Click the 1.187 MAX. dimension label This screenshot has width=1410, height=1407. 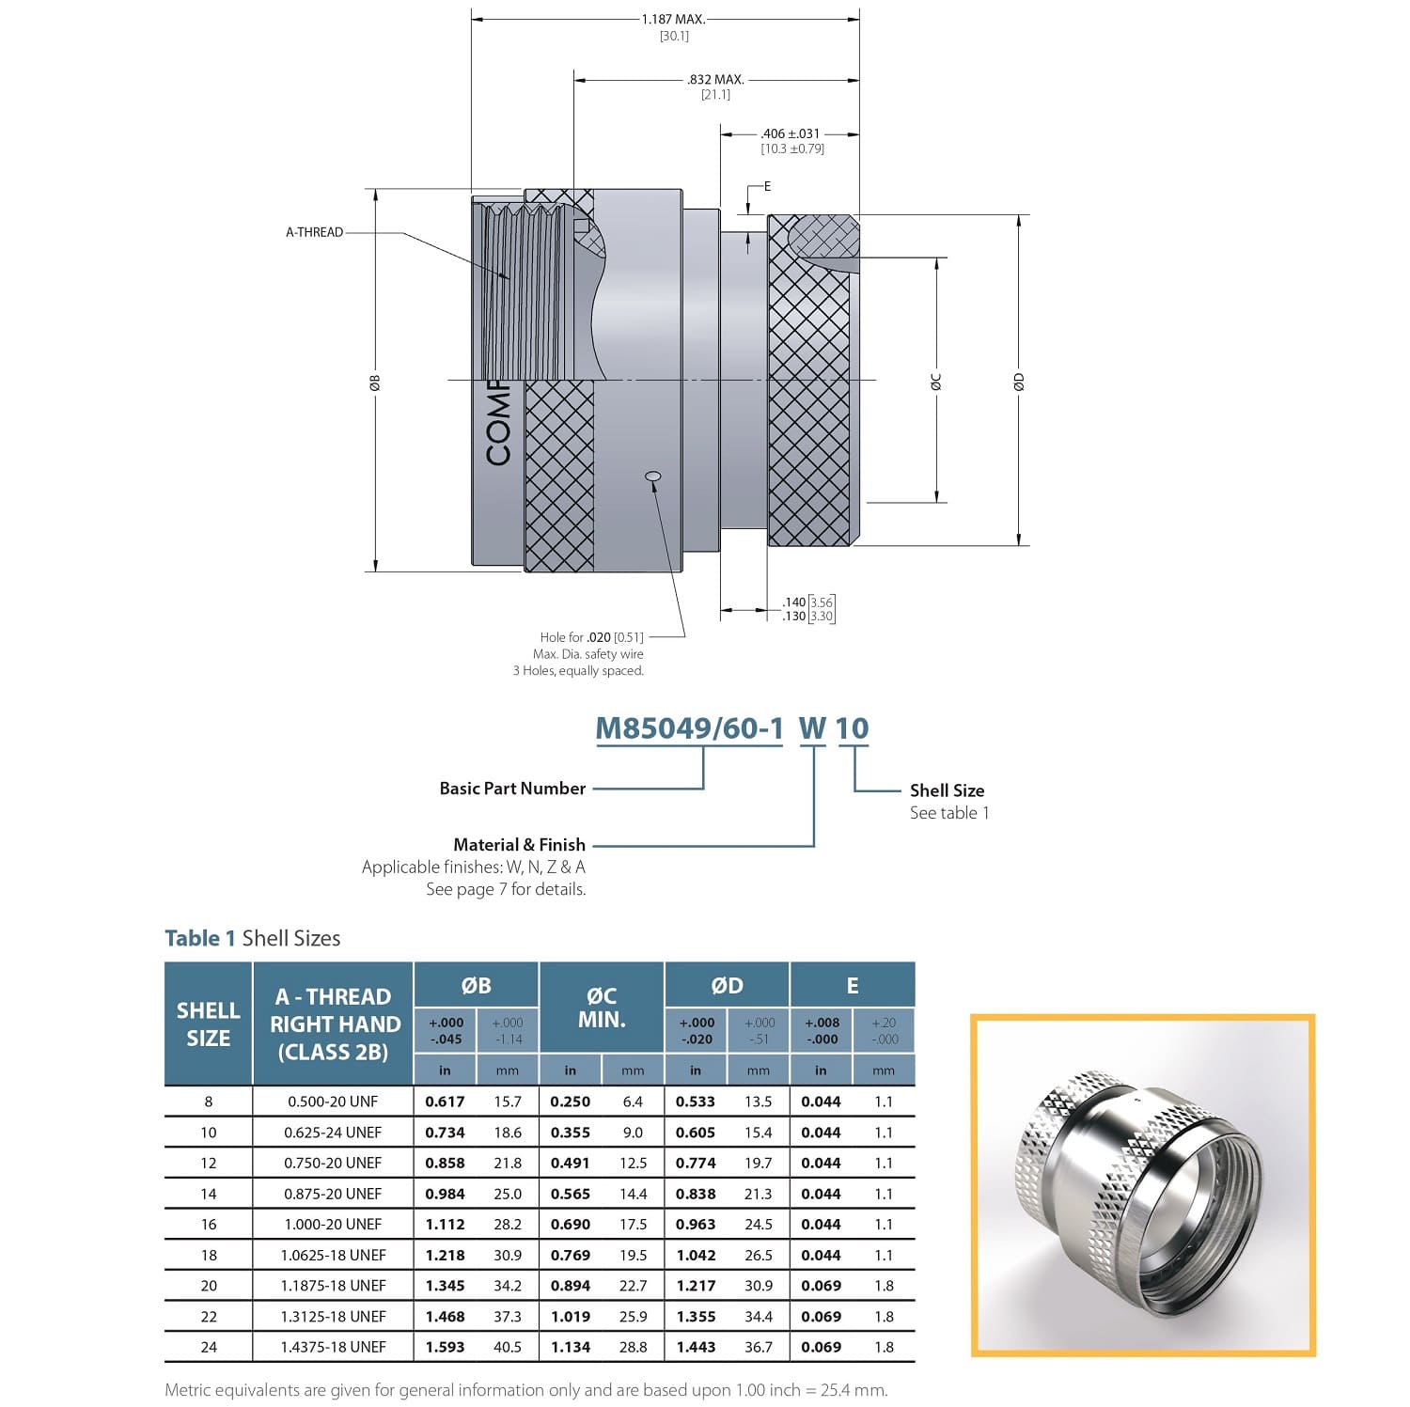click(x=673, y=19)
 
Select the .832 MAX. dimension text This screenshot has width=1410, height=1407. click(x=715, y=80)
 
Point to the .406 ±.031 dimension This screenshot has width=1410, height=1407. click(x=791, y=133)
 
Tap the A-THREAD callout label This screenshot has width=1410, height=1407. click(x=315, y=232)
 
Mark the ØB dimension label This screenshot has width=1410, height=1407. click(x=375, y=382)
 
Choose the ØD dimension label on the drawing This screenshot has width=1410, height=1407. click(x=1019, y=382)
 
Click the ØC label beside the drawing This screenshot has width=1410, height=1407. click(x=936, y=382)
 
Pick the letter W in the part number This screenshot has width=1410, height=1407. click(x=813, y=728)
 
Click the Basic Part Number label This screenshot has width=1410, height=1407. click(x=512, y=789)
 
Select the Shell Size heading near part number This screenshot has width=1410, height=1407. click(x=947, y=790)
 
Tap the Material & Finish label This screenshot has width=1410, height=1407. click(x=519, y=845)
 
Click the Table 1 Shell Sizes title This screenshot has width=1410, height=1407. click(x=253, y=938)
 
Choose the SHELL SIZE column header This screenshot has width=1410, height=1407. click(x=209, y=1024)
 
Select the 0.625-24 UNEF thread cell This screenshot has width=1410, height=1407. click(x=333, y=1133)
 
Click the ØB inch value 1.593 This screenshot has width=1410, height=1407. click(x=445, y=1347)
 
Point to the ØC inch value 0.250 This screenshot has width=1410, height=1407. click(x=571, y=1102)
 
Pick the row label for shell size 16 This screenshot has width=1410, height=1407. click(x=209, y=1225)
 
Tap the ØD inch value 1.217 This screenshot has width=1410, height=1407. click(x=696, y=1286)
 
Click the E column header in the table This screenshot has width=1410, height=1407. click(x=853, y=985)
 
